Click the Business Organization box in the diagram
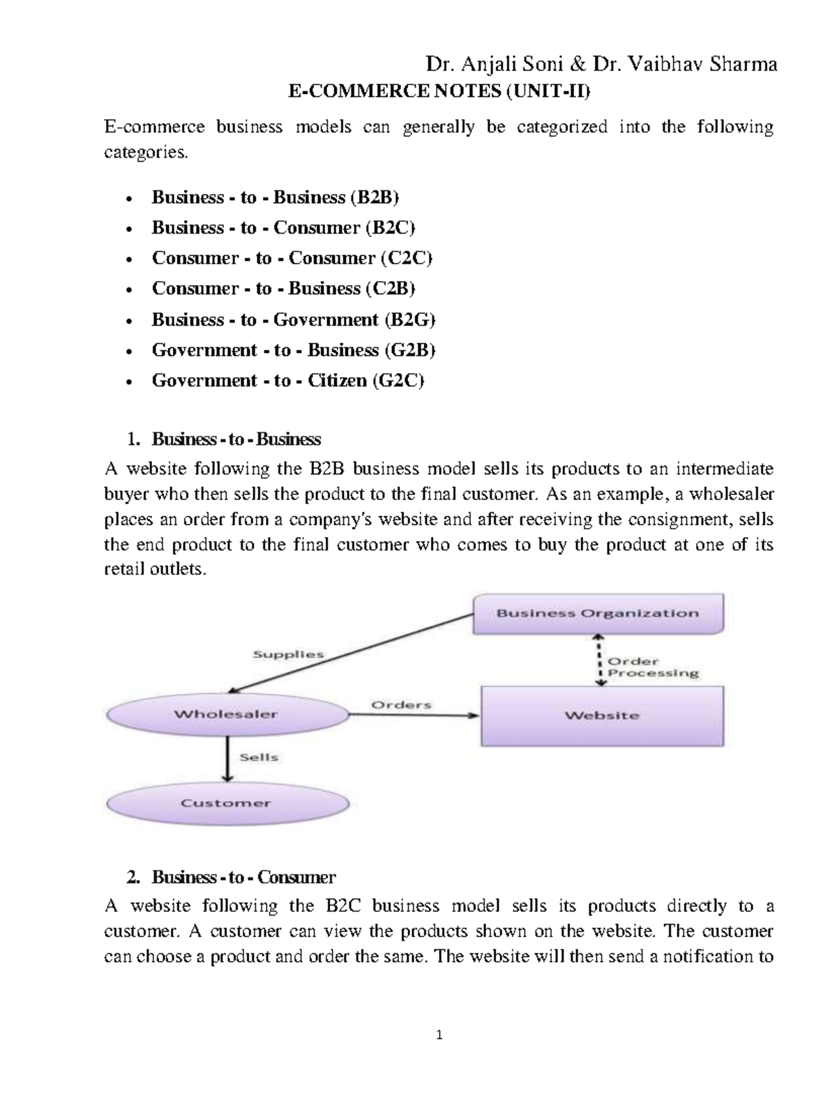coord(598,614)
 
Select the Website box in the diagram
coord(602,715)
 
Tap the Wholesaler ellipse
coord(226,714)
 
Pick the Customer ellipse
coord(226,803)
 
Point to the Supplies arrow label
coord(288,655)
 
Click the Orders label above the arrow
coord(401,705)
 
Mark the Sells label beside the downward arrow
coord(259,757)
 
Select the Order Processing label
coord(653,667)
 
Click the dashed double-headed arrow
coord(598,660)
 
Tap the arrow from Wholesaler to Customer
coord(227,760)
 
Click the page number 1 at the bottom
coord(439,1036)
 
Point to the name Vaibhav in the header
coord(667,65)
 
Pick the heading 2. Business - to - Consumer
coord(243,877)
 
